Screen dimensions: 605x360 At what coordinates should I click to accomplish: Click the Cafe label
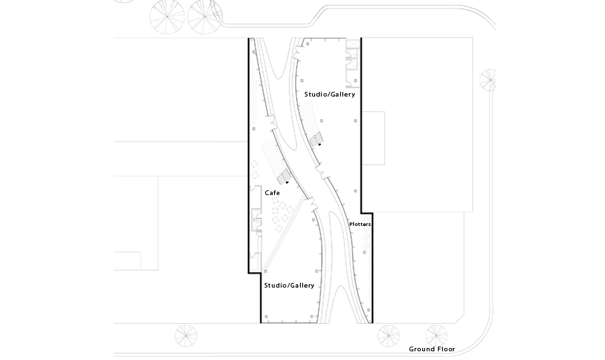pyautogui.click(x=272, y=193)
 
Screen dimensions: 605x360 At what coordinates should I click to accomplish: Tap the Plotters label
pyautogui.click(x=360, y=224)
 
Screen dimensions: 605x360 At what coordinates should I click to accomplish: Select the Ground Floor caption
pyautogui.click(x=431, y=349)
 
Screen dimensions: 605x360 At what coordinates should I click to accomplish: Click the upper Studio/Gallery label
pyautogui.click(x=330, y=95)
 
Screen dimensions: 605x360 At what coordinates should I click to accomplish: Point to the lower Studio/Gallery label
pyautogui.click(x=289, y=286)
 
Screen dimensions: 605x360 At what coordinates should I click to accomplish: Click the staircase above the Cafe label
pyautogui.click(x=283, y=176)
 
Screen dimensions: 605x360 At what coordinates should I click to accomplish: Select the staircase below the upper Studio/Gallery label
pyautogui.click(x=316, y=139)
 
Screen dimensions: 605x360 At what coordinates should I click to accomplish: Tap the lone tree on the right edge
pyautogui.click(x=488, y=80)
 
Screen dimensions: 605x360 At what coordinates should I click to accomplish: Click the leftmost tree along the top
pyautogui.click(x=167, y=17)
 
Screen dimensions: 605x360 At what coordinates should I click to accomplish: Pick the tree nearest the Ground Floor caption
pyautogui.click(x=436, y=335)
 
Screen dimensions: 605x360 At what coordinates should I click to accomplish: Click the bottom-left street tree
pyautogui.click(x=186, y=336)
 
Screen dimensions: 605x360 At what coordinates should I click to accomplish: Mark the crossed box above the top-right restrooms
pyautogui.click(x=352, y=44)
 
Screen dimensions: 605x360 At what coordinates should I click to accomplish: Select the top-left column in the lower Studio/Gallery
pyautogui.click(x=314, y=220)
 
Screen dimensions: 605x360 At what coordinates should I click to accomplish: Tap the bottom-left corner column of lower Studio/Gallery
pyautogui.click(x=266, y=316)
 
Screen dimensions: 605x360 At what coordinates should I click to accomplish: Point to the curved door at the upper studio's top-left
pyautogui.click(x=297, y=53)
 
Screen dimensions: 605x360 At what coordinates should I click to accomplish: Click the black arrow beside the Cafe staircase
pyautogui.click(x=287, y=182)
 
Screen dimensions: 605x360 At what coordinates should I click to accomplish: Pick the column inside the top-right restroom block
pyautogui.click(x=355, y=80)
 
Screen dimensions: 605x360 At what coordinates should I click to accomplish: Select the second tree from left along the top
pyautogui.click(x=205, y=17)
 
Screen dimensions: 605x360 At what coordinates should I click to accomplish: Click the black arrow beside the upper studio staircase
pyautogui.click(x=320, y=144)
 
